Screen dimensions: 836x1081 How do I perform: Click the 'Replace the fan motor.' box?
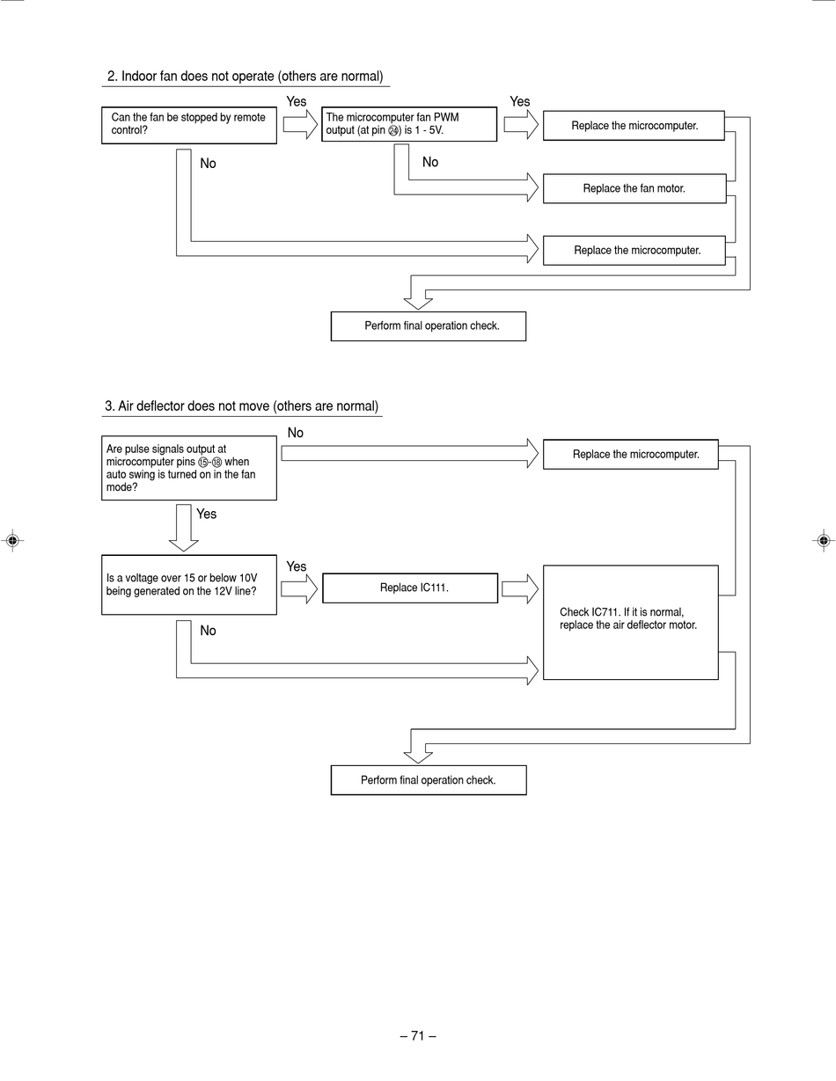click(634, 188)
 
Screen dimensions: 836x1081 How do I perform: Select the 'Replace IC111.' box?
click(410, 588)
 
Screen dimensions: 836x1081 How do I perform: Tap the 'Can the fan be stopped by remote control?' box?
click(189, 126)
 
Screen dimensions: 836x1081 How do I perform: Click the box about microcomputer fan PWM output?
click(409, 124)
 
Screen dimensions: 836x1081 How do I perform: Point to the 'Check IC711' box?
click(630, 623)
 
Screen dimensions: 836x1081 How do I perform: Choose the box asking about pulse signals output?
click(189, 468)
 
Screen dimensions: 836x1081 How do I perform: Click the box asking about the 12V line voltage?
click(189, 585)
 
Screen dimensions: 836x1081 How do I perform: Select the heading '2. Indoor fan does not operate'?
click(246, 77)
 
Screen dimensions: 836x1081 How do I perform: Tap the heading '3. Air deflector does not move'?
click(242, 406)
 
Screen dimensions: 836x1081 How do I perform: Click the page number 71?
click(418, 1036)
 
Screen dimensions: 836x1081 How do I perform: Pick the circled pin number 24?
click(393, 131)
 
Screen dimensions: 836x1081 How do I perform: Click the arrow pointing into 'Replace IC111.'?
click(299, 589)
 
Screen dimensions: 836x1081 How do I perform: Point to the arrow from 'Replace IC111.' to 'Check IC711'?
click(520, 589)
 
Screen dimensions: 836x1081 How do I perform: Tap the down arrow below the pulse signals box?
click(184, 528)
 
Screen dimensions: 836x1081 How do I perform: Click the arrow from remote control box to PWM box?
click(300, 124)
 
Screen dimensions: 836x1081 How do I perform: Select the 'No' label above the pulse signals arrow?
click(296, 433)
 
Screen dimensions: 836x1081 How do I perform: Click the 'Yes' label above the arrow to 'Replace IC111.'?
click(296, 566)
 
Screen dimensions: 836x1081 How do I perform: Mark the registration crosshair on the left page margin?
click(13, 540)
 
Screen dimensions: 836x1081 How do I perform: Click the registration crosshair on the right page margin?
click(824, 540)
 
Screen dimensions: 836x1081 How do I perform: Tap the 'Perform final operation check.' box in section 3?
click(429, 780)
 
